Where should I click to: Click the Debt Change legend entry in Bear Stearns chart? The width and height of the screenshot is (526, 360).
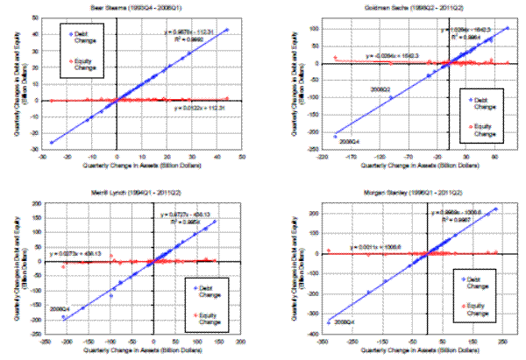click(x=76, y=38)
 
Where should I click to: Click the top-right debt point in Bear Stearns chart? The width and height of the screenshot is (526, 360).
click(x=227, y=30)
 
